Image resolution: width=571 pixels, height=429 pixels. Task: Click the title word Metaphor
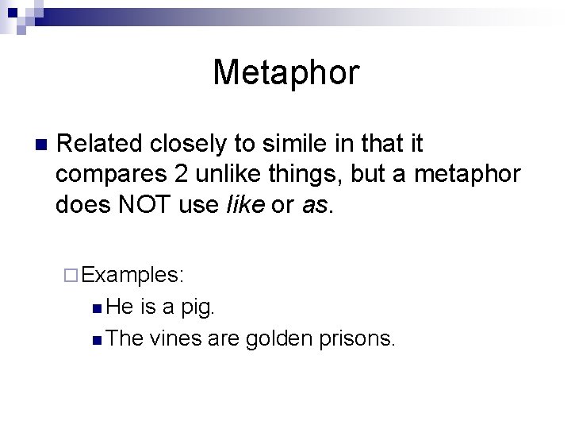point(285,72)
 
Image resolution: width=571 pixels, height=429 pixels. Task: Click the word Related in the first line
point(99,144)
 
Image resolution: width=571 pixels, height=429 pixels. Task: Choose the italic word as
point(313,204)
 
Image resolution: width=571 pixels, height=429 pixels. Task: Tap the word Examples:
point(133,275)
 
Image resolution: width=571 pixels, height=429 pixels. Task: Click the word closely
point(190,144)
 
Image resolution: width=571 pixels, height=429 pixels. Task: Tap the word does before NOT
point(82,204)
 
